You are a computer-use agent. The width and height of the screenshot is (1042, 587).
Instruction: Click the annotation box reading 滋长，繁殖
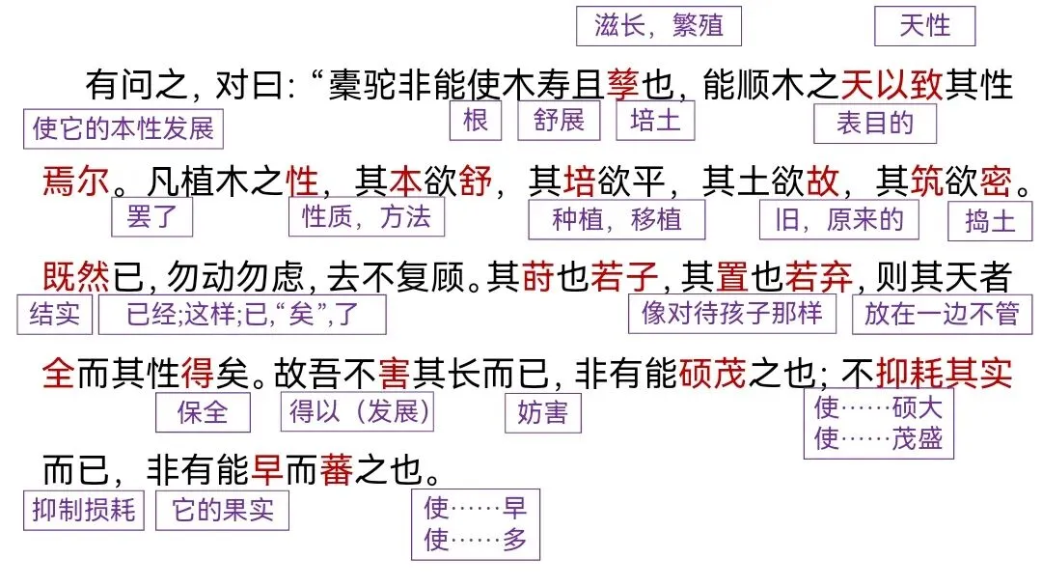(659, 26)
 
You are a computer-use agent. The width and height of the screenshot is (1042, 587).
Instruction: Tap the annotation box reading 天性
(924, 26)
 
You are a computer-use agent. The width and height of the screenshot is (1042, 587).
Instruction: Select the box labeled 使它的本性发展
(123, 128)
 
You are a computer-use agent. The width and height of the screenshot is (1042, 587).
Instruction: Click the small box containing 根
(475, 121)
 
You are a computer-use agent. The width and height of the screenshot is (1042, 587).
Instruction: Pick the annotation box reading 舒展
(559, 121)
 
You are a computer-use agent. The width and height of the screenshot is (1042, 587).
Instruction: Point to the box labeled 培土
(655, 121)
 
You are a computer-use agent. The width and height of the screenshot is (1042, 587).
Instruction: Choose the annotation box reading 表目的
(874, 124)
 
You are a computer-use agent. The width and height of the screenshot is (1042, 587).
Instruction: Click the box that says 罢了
(151, 216)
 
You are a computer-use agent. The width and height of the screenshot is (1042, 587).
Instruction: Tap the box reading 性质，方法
(367, 216)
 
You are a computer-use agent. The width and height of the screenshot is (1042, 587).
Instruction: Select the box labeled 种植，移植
(617, 219)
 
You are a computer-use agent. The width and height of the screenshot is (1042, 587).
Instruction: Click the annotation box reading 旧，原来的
(838, 219)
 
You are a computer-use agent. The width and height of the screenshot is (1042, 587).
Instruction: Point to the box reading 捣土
(990, 221)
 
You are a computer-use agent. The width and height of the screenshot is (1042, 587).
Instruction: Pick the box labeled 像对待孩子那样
(731, 313)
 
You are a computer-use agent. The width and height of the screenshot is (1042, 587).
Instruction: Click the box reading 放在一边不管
(942, 314)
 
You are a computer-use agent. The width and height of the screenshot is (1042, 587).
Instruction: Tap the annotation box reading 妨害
(543, 413)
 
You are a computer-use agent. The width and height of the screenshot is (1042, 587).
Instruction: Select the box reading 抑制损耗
(84, 510)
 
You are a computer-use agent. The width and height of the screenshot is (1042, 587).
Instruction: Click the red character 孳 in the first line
(622, 85)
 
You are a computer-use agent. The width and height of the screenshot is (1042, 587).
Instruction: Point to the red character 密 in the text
(995, 181)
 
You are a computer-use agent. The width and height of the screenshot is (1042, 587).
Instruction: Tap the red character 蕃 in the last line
(337, 470)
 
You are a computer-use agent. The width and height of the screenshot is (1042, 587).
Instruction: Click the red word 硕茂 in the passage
(712, 374)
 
